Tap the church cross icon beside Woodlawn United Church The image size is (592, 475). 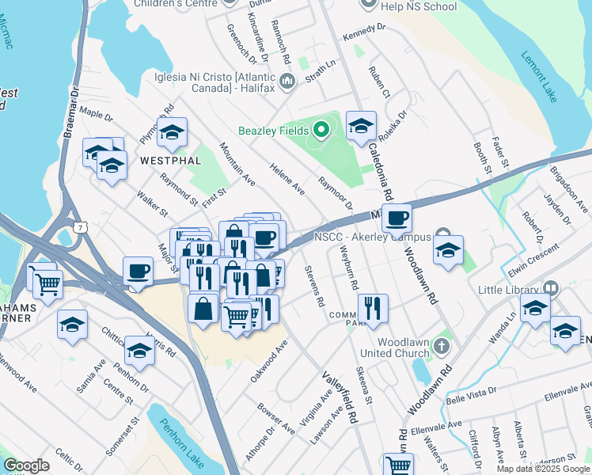tap(442, 347)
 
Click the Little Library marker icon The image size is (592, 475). tap(552, 288)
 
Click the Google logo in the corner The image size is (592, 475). tap(26, 465)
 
